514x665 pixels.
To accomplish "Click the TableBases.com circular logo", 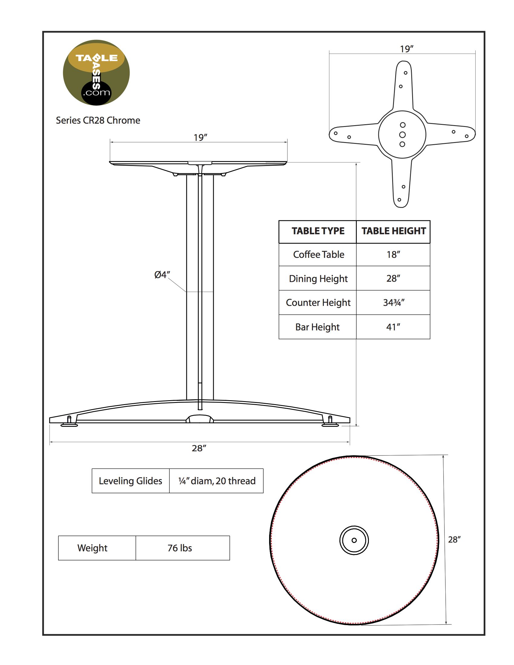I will (x=96, y=73).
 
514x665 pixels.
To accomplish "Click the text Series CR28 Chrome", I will (x=98, y=120).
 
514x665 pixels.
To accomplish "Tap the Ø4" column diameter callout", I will (x=162, y=275).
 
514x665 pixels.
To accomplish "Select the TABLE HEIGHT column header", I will (x=393, y=231).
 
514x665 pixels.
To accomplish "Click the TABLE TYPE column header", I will (x=318, y=231).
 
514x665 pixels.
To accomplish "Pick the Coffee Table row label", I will (x=318, y=254).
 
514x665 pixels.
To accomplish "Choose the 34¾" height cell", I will (x=393, y=302).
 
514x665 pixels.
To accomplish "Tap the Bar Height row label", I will (x=317, y=327).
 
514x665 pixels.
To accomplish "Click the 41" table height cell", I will (x=393, y=327).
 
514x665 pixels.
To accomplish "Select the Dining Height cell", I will (x=318, y=278).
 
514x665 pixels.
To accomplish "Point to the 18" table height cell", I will (x=393, y=254).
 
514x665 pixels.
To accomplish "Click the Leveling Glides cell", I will (x=130, y=481).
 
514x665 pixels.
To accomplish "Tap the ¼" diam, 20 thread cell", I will (x=216, y=481).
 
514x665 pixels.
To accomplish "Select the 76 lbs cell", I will (x=180, y=548).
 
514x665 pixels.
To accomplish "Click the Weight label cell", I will (x=92, y=548).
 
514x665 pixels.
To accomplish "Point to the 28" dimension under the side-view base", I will (x=199, y=448).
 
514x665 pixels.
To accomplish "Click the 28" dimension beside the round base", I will (x=454, y=539).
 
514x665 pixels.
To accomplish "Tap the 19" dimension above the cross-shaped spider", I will (x=406, y=49).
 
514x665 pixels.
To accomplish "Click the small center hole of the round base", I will (x=354, y=540).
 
